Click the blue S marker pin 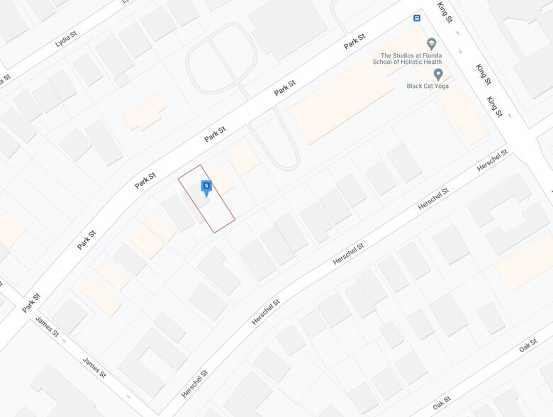pos(206,188)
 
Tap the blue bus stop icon pos(417,18)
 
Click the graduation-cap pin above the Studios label pos(432,44)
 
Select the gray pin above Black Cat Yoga pos(438,74)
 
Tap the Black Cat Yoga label pos(428,86)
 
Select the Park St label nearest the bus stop pos(354,42)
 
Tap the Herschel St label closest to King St pos(492,160)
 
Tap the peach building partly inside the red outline pos(220,178)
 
